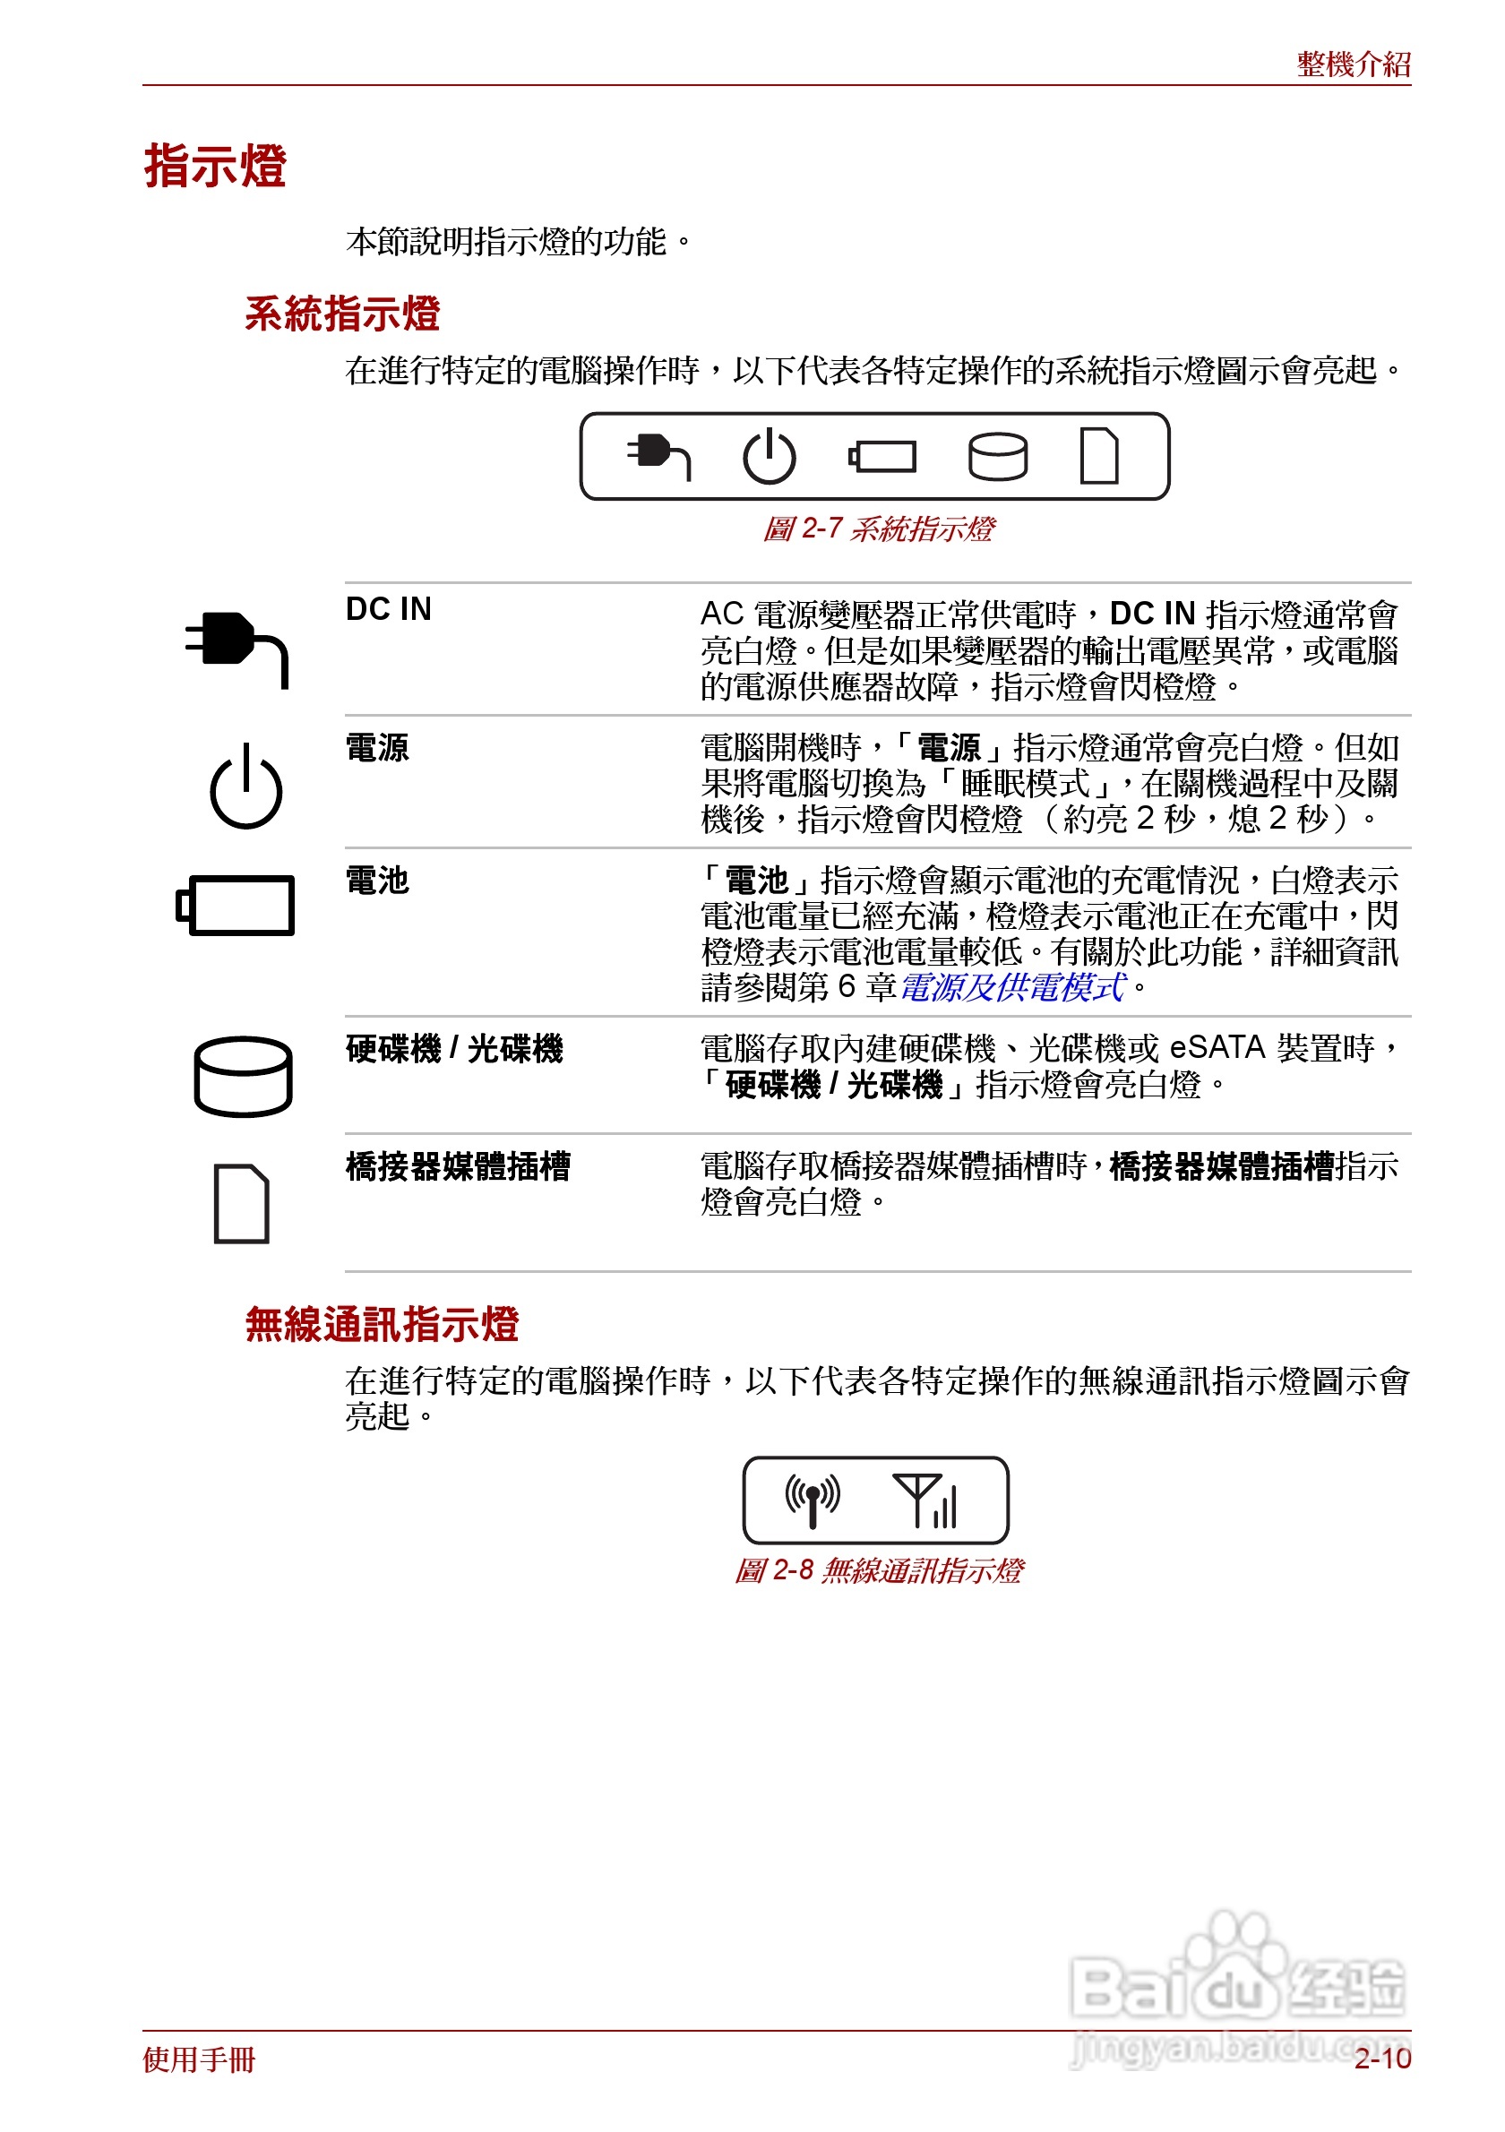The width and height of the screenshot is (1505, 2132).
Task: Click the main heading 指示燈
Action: [214, 168]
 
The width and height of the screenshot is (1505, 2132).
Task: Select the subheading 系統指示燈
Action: [341, 314]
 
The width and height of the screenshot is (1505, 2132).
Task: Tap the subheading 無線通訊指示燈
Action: [382, 1324]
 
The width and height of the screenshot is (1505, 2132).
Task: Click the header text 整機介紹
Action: [1353, 64]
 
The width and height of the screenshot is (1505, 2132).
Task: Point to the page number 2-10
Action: [1381, 2059]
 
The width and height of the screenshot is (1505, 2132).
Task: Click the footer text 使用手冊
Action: [199, 2059]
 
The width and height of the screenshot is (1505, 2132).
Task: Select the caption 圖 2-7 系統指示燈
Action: [877, 529]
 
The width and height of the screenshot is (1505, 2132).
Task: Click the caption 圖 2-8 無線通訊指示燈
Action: [877, 1570]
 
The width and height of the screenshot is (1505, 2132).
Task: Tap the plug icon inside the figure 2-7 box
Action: [658, 456]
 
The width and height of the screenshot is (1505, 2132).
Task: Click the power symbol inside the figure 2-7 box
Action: [769, 457]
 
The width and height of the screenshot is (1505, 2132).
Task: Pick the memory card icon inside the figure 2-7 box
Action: [1098, 456]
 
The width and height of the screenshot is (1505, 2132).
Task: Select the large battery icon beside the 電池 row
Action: [236, 905]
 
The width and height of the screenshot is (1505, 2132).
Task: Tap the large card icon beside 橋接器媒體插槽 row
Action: [241, 1202]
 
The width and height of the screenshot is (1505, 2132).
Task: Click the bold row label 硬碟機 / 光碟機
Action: [454, 1049]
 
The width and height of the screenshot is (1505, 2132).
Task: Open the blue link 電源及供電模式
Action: [1012, 987]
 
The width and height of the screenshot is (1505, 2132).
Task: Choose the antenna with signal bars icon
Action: [924, 1500]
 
